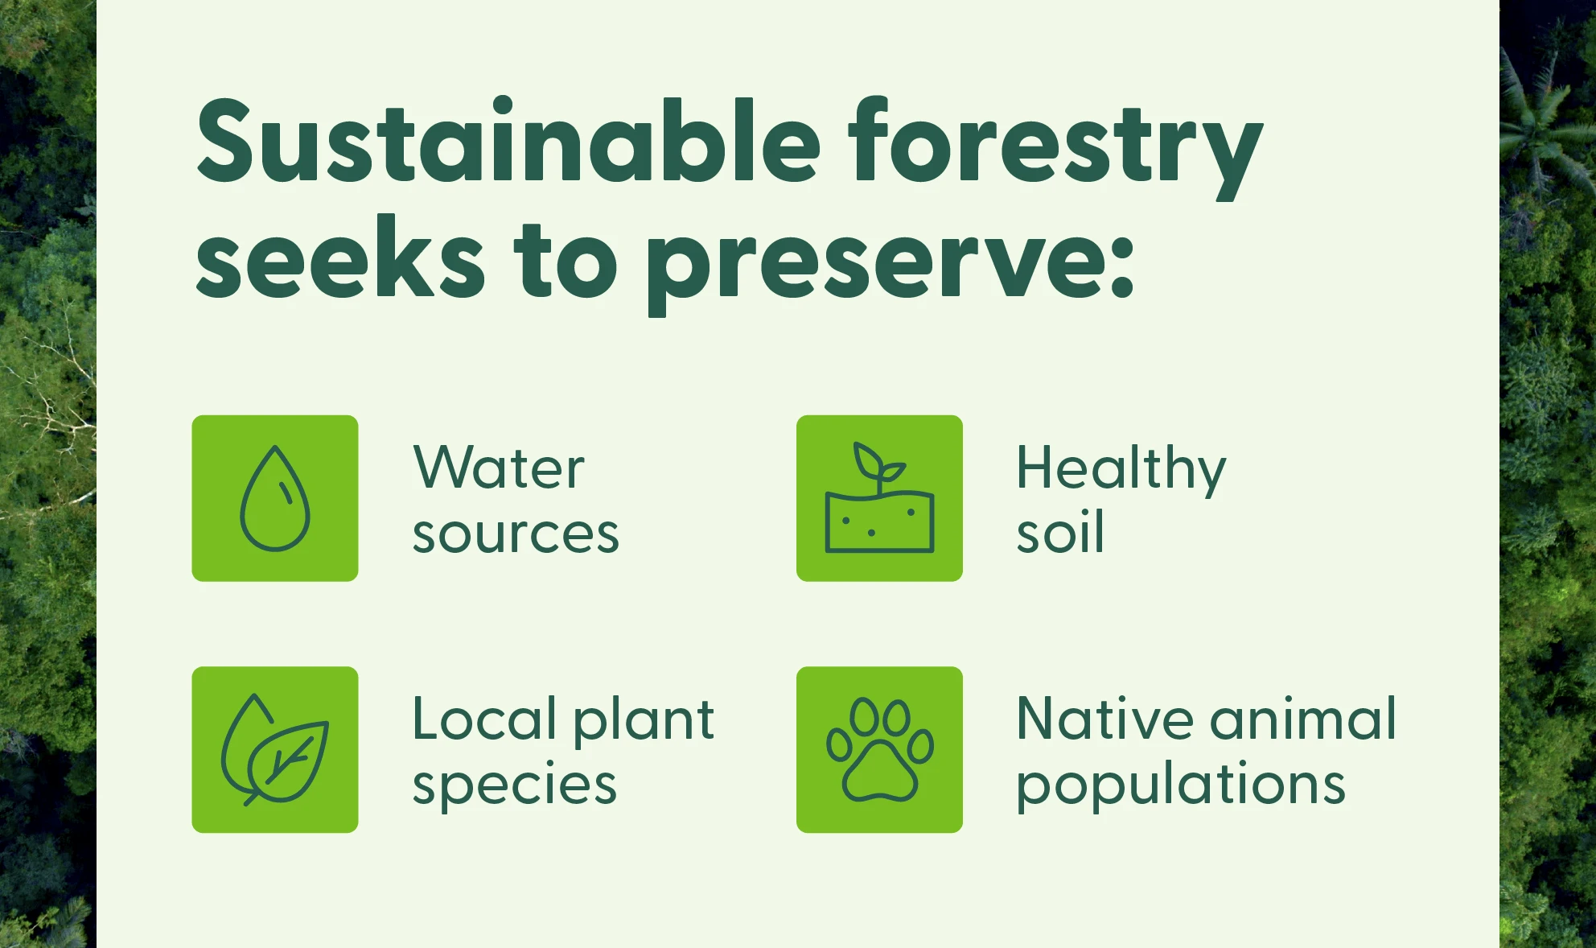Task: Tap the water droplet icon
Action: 275,498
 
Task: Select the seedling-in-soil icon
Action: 879,498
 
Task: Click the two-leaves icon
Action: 275,749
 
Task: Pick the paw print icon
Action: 879,749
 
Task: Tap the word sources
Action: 516,534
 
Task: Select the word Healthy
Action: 1121,468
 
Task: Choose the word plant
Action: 644,720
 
